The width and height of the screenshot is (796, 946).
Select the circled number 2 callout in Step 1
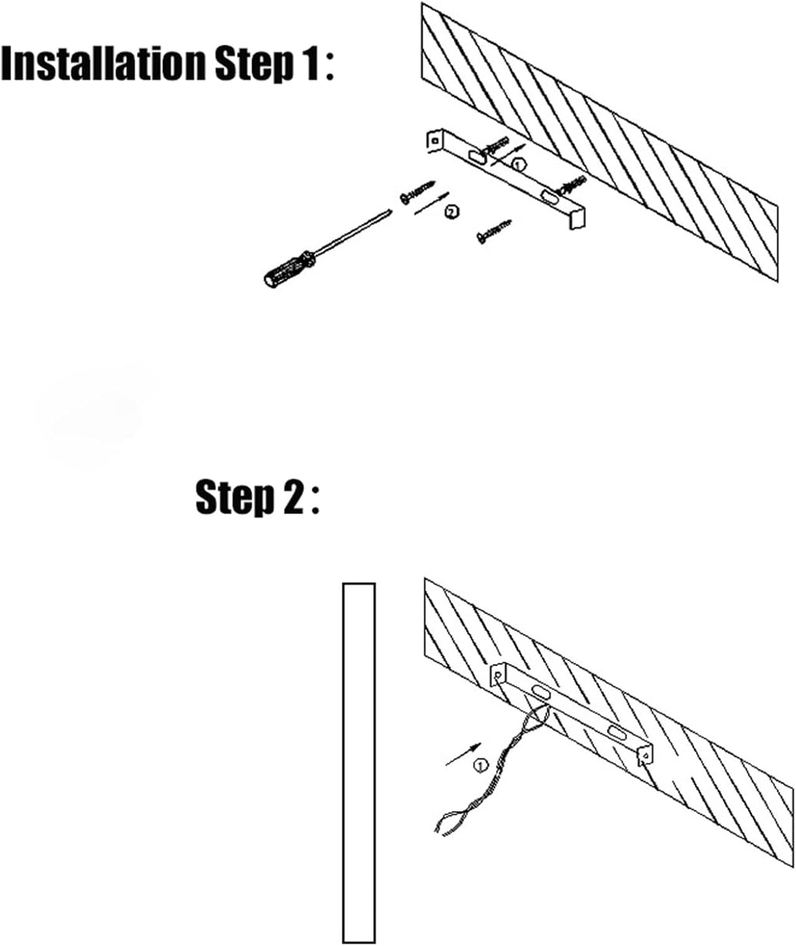pyautogui.click(x=452, y=211)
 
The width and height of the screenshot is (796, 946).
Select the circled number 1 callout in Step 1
pyautogui.click(x=518, y=164)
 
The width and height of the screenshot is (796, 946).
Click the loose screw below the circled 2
pyautogui.click(x=494, y=230)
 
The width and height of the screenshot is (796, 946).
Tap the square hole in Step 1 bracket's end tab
pyautogui.click(x=435, y=141)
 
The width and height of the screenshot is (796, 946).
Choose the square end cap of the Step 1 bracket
pyautogui.click(x=577, y=219)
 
